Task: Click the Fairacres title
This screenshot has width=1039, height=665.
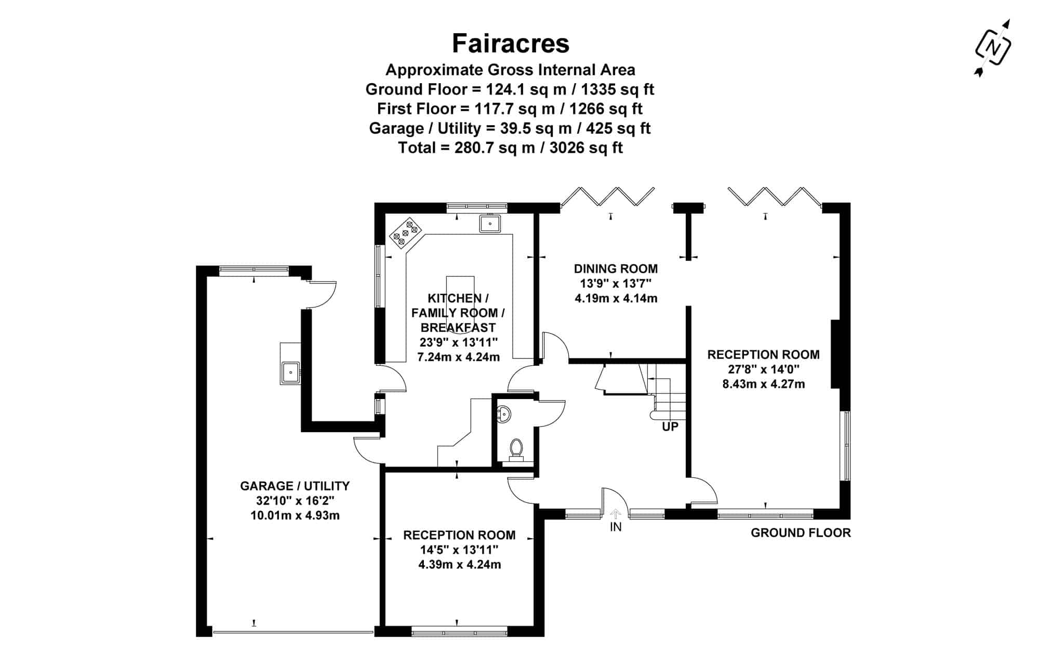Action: pos(510,44)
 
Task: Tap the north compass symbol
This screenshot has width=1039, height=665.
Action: pos(993,48)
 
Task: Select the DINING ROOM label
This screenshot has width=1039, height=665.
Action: pos(616,269)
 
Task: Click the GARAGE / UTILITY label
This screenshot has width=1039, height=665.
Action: pos(295,486)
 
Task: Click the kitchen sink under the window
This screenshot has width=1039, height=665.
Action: pos(489,224)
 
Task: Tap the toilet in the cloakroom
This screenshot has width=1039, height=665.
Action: pos(516,449)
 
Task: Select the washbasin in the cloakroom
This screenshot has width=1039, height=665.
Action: pos(504,414)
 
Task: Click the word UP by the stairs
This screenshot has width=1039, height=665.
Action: pos(670,427)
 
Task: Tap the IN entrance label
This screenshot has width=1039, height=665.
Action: pos(616,527)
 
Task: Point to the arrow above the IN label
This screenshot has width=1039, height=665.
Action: pos(616,514)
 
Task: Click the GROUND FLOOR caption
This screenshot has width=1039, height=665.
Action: pos(801,533)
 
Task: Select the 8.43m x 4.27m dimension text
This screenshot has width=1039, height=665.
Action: pos(764,384)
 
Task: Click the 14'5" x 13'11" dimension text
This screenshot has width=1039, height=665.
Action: pos(459,550)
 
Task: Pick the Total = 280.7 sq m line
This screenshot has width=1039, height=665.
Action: pos(510,148)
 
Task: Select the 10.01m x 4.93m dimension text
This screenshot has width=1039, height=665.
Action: pos(295,515)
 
